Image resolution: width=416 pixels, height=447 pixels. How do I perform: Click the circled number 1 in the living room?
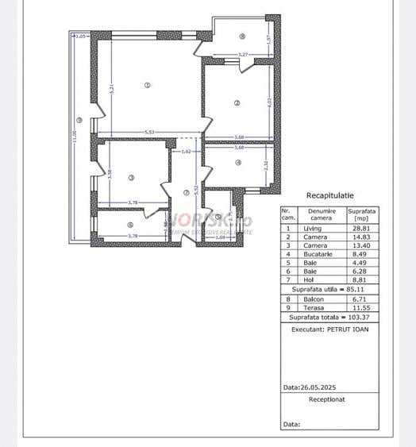point(148,85)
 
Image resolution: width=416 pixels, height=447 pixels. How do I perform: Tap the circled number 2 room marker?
point(237,102)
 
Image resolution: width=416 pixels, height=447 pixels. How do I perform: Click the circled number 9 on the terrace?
point(79,121)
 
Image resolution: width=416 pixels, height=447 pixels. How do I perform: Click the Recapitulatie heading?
point(329,195)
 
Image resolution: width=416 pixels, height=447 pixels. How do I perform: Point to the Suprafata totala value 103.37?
point(361,316)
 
